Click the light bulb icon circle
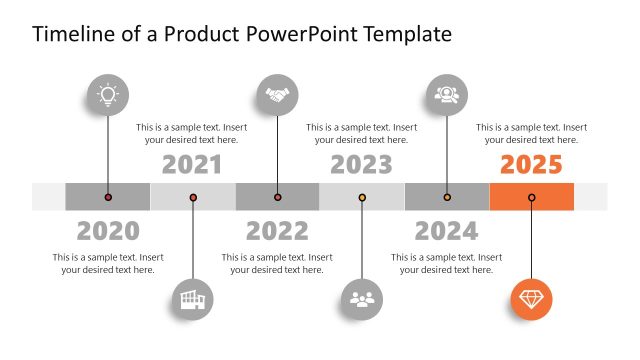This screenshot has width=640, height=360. tap(107, 95)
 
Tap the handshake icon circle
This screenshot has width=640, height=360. tap(277, 95)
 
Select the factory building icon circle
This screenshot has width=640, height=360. tap(192, 298)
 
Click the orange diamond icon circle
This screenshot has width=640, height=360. tap(531, 298)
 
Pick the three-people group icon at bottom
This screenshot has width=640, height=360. tap(361, 298)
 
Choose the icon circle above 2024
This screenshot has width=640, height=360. tap(446, 95)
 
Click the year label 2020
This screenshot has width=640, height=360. tap(108, 231)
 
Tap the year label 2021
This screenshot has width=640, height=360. tap(192, 165)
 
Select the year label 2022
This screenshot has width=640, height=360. tap(277, 231)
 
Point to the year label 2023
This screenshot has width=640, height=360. tap(361, 165)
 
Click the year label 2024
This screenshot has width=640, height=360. tap(446, 231)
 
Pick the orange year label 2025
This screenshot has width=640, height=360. tap(531, 165)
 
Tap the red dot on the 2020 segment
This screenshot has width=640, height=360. tap(108, 197)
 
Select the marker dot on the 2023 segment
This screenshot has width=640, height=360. tap(362, 197)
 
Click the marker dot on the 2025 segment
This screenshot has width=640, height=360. tap(531, 197)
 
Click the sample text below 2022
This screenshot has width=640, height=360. tap(277, 264)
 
